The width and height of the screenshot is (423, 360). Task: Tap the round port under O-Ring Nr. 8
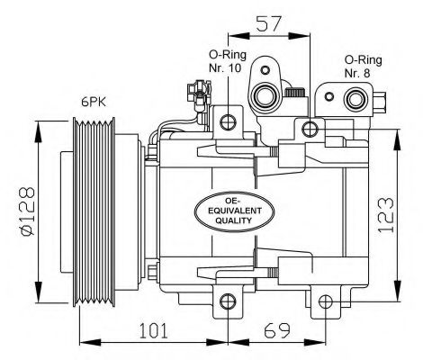pyautogui.click(x=355, y=101)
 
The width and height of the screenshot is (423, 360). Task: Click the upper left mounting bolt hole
pyautogui.click(x=229, y=121)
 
